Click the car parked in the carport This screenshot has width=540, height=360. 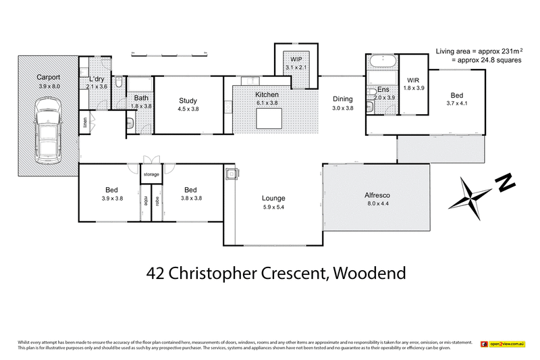pyautogui.click(x=47, y=128)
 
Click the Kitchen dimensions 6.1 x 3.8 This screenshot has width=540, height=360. pyautogui.click(x=267, y=103)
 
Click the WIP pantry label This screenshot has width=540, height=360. pyautogui.click(x=296, y=59)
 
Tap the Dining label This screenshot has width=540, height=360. pyautogui.click(x=343, y=99)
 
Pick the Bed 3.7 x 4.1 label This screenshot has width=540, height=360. pyautogui.click(x=456, y=95)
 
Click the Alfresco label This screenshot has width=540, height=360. pyautogui.click(x=377, y=195)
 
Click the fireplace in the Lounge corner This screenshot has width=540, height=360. pyautogui.click(x=231, y=174)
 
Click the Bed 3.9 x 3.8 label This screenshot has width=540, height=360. pyautogui.click(x=111, y=190)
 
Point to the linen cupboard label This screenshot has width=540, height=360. pyautogui.click(x=86, y=123)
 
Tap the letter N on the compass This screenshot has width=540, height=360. pyautogui.click(x=505, y=182)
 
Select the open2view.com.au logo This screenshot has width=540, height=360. pyautogui.click(x=503, y=344)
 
